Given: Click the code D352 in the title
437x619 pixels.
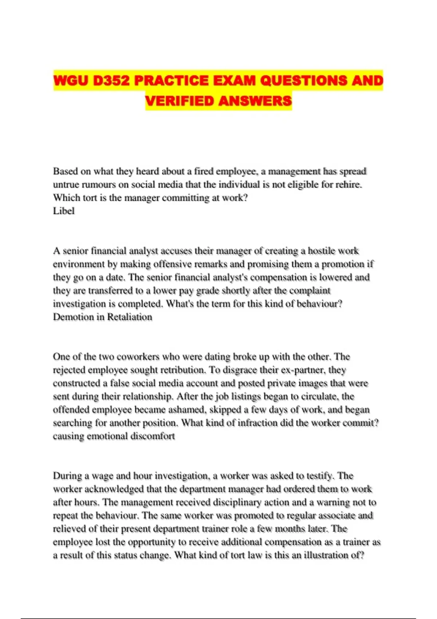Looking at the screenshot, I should pos(111,80).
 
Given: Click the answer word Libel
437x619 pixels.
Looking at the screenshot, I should pos(64,211).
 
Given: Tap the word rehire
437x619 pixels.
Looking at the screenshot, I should pos(348,185).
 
